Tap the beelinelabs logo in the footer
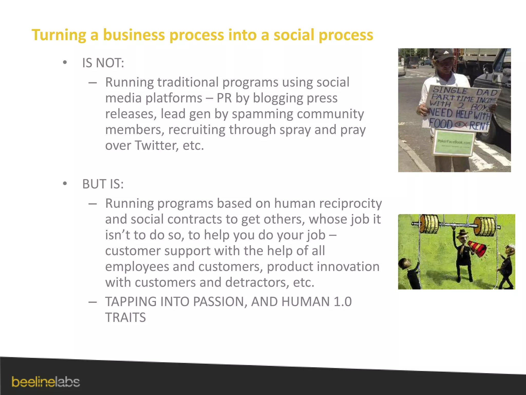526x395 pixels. pos(46,382)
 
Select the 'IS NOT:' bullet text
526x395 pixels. pos(103,63)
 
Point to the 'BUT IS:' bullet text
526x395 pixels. pos(103,184)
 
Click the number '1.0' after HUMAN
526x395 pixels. pos(343,302)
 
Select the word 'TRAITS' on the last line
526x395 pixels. pos(125,318)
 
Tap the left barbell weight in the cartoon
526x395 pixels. pos(429,224)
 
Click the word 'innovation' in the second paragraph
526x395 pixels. pos(349,267)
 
